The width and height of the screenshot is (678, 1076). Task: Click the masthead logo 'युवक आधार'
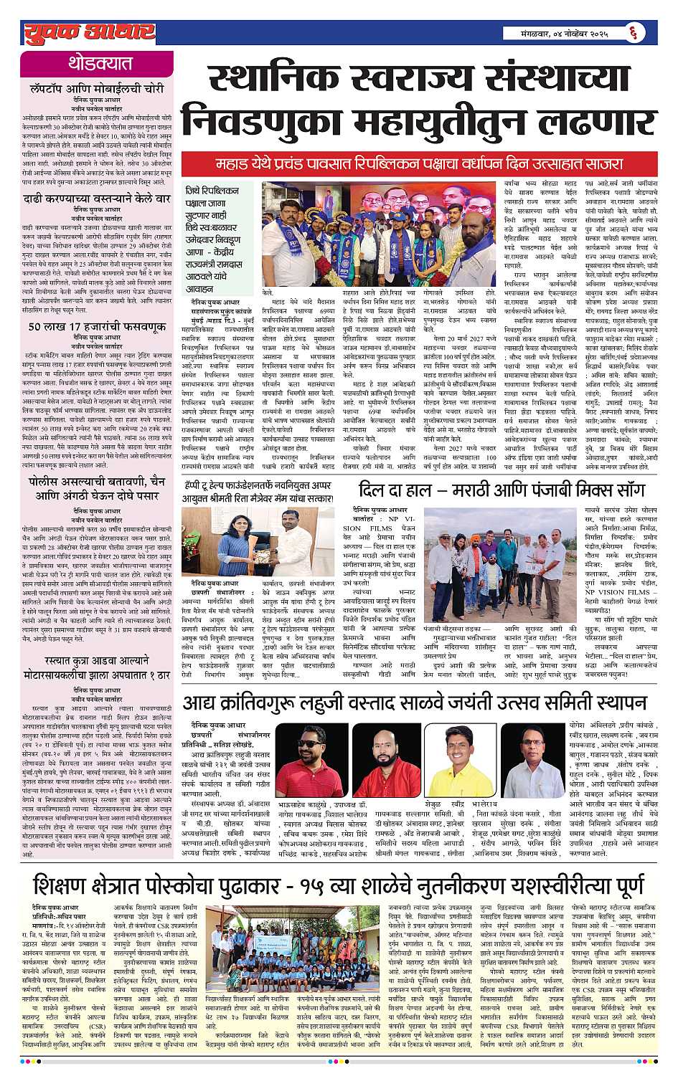pos(89,32)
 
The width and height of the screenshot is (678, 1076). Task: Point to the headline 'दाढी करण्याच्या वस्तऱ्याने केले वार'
pos(97,199)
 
